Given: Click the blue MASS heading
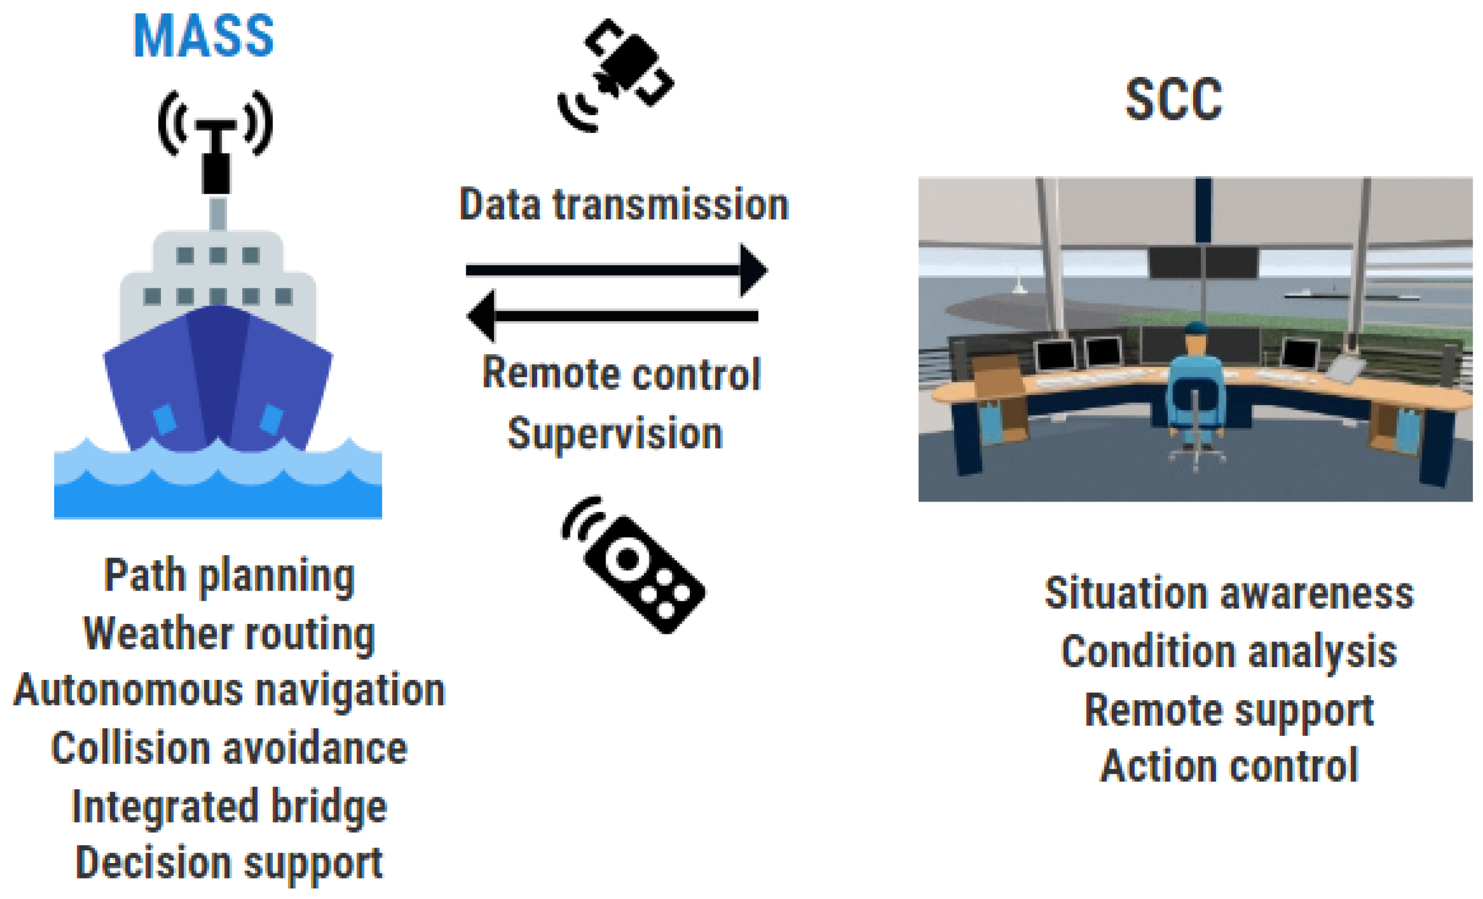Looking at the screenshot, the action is coord(204,36).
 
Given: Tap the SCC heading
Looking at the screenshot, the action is coord(1174,99).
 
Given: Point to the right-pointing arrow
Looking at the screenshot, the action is coord(617,270).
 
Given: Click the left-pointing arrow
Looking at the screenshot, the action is coord(613,316).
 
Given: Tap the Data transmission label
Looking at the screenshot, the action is coord(624,205).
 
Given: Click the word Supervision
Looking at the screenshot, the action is coord(615,433).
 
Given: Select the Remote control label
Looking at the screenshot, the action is coord(622,373).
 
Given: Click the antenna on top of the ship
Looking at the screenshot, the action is coord(216,142).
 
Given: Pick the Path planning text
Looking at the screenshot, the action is coord(230,576).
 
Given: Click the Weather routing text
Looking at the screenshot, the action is coord(230,634).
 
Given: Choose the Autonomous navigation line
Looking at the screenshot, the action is coord(230,690).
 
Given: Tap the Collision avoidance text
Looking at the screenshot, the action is coord(230,748).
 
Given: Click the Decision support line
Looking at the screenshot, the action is coord(230,864).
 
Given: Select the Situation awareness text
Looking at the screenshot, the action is coord(1229,593).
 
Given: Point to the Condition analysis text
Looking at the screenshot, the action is coord(1229,652).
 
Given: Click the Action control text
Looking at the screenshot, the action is coord(1229,766).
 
